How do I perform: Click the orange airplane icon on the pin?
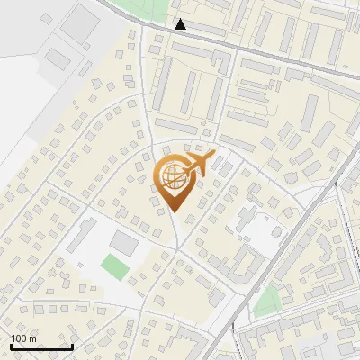coord(201,163)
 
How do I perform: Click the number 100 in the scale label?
coord(19,338)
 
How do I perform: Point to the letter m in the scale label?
coord(32,338)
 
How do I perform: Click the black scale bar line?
coord(40,346)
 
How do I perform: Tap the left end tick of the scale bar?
coord(10,345)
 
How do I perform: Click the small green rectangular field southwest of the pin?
coord(112,266)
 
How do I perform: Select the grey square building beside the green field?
coord(124,243)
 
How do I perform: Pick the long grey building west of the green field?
coord(84,240)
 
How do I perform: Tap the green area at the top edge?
coord(144,8)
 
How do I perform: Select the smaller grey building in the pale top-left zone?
coord(58,58)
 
